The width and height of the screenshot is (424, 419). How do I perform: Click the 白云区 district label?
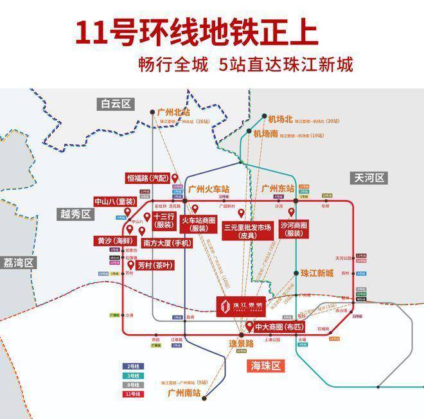point(116,103)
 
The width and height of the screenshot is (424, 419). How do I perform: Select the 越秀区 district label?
point(74,215)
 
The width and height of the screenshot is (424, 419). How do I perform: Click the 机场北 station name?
point(280,119)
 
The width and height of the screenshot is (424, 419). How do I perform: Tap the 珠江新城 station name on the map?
point(317,272)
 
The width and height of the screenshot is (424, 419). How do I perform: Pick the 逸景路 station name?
point(242,343)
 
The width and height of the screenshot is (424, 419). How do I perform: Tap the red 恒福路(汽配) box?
point(148,178)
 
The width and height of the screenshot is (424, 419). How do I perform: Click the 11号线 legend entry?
point(132,393)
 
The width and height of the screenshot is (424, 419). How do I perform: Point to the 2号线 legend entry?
point(132,366)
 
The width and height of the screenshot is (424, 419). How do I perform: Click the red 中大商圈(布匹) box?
point(278,327)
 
